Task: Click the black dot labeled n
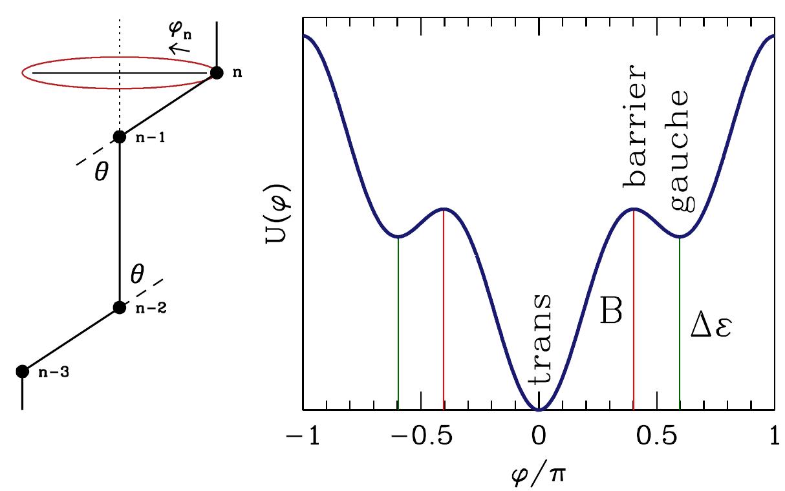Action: [217, 72]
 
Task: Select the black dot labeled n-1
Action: [120, 136]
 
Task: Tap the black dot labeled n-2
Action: [119, 307]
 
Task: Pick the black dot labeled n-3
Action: [23, 371]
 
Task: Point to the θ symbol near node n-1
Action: [102, 175]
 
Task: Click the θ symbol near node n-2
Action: [136, 276]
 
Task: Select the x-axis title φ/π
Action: [539, 475]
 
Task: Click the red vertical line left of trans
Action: [444, 310]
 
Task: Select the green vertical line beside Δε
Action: [680, 323]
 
